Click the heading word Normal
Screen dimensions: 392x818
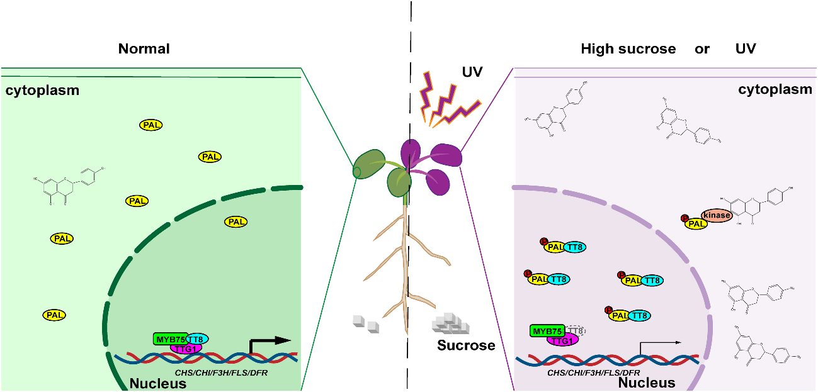[144, 48]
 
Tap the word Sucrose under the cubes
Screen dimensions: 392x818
[467, 345]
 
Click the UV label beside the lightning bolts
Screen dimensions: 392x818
[472, 72]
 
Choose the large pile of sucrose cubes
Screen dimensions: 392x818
[451, 322]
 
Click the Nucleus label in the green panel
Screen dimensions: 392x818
[157, 383]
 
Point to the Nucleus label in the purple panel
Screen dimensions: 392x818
[646, 382]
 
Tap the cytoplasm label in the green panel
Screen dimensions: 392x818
[43, 90]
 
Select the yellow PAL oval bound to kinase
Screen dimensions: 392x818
[696, 223]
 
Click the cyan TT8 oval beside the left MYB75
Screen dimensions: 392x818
[197, 338]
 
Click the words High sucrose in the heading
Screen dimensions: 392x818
[628, 48]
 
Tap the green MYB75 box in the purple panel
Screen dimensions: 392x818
[547, 331]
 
